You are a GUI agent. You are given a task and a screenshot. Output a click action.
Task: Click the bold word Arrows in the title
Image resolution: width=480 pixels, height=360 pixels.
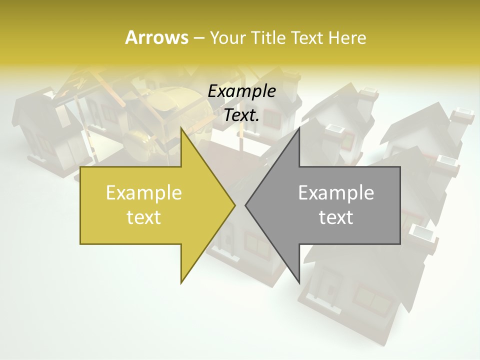[x=156, y=37]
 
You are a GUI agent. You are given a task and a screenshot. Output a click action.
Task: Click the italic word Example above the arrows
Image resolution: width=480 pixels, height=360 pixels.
[x=241, y=91]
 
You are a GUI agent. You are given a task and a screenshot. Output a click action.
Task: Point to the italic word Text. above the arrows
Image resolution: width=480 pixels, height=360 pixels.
[x=241, y=115]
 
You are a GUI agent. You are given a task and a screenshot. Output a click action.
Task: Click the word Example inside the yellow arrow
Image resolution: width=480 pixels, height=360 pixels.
[x=143, y=193]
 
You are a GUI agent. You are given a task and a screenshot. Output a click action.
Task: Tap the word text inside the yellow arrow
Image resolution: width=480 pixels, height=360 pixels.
[x=143, y=217]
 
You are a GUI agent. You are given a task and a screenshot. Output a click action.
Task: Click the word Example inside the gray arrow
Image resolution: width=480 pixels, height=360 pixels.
[x=336, y=193]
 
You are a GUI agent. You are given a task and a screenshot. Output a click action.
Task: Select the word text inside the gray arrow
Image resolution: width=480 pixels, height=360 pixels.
[x=336, y=217]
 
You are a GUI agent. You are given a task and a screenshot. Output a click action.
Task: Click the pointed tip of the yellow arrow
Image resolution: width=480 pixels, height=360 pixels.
[x=234, y=205]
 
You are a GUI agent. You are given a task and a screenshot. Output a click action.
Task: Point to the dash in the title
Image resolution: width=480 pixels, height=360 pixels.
[x=198, y=38]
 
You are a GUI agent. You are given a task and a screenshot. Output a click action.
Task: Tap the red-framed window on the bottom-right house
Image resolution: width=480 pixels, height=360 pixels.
[x=372, y=300]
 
